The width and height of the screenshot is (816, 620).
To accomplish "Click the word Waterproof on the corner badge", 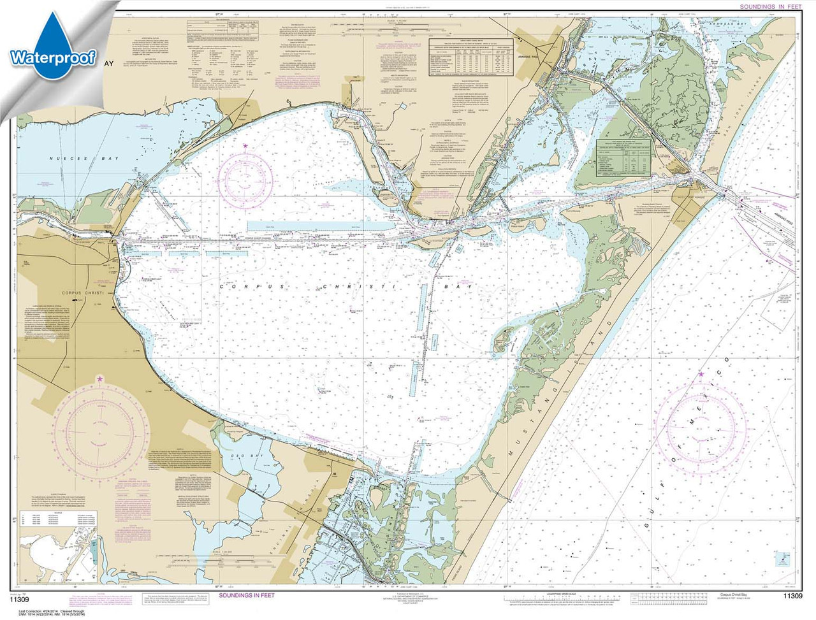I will [52, 59].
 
